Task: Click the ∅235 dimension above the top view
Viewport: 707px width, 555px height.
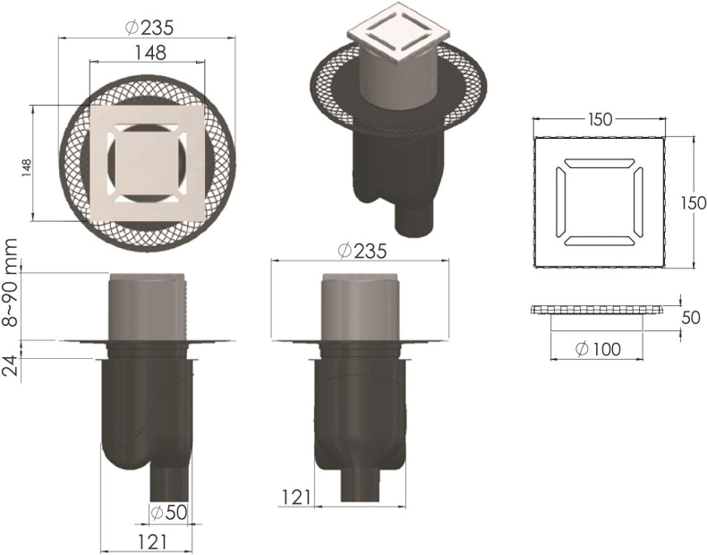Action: pyautogui.click(x=149, y=27)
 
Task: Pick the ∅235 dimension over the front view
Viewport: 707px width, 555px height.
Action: pyautogui.click(x=362, y=252)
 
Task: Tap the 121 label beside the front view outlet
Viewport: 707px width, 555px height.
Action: pyautogui.click(x=297, y=495)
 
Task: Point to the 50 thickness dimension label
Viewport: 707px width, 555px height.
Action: pyautogui.click(x=691, y=318)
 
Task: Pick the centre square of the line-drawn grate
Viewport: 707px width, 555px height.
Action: pyautogui.click(x=598, y=201)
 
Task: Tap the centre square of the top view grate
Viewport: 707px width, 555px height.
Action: pyautogui.click(x=149, y=162)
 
